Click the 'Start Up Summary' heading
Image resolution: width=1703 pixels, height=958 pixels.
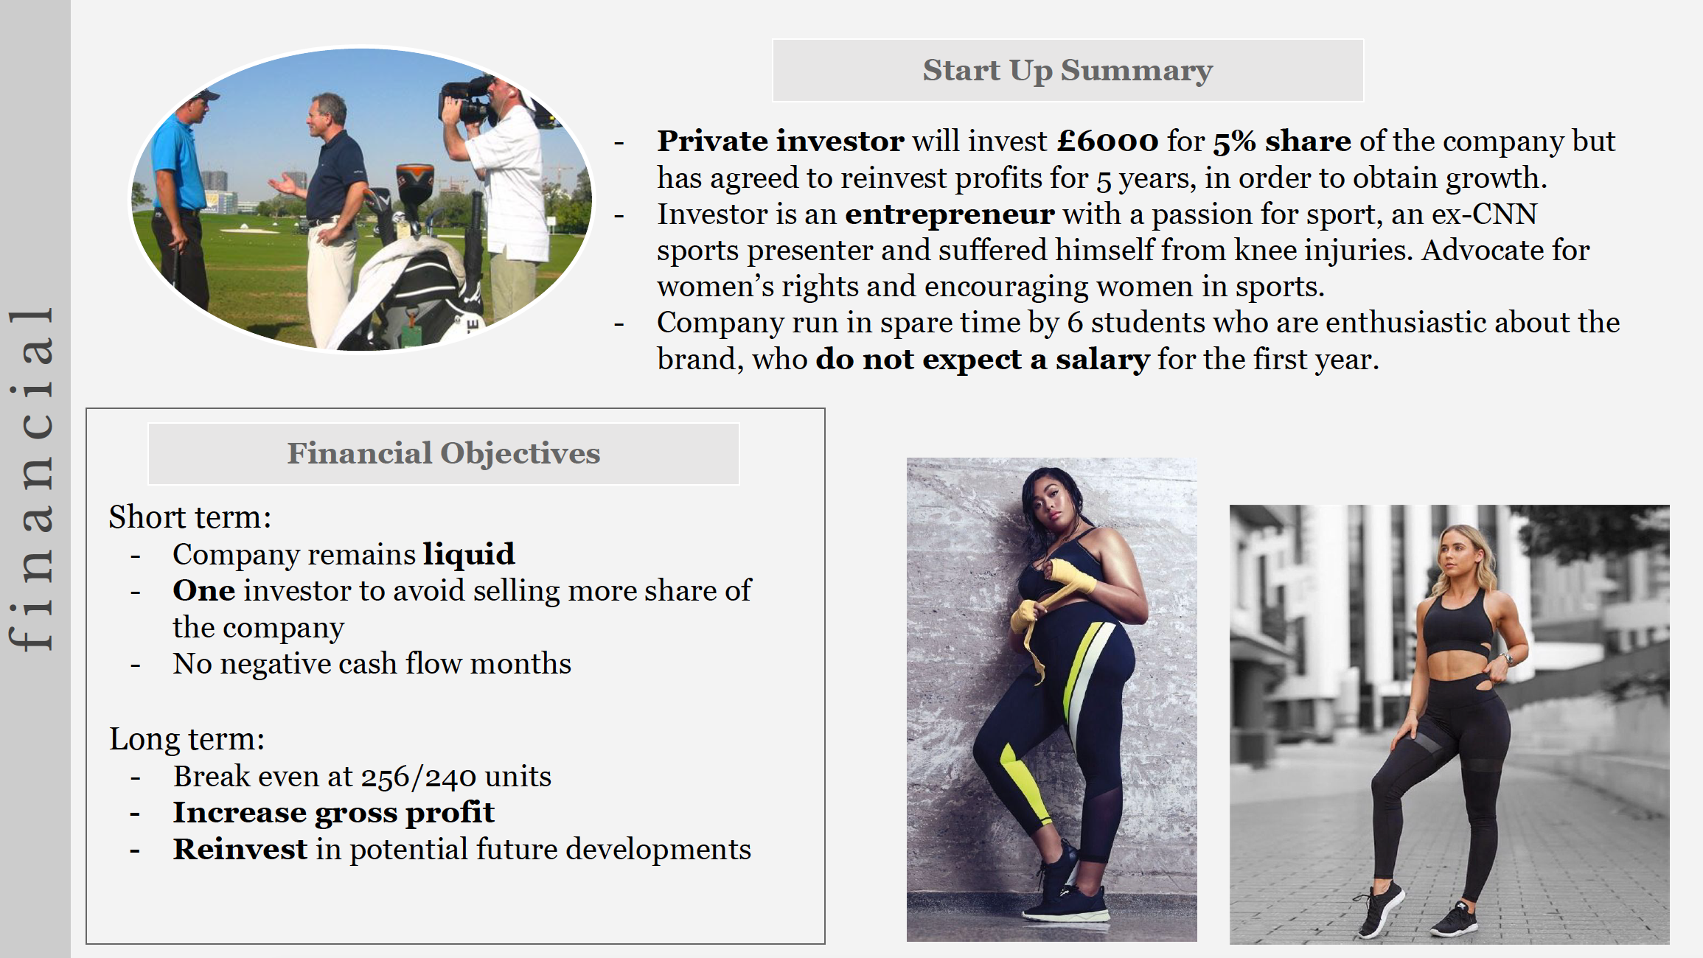(x=1068, y=71)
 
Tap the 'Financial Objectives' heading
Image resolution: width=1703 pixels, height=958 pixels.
(x=444, y=453)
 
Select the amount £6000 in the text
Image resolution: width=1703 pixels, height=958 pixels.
(x=1107, y=141)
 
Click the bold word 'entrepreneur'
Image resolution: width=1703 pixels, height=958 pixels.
(x=950, y=214)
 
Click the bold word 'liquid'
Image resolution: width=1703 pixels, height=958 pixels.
(x=469, y=554)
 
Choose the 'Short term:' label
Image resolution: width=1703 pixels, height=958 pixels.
(x=190, y=517)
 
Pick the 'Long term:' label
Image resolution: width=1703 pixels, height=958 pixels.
(x=187, y=739)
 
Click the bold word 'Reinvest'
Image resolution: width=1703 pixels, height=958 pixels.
(x=240, y=849)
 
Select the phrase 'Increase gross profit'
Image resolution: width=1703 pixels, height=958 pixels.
(x=333, y=813)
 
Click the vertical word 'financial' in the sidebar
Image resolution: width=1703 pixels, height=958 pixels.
(x=31, y=479)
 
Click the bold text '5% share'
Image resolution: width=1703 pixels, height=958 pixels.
(x=1282, y=141)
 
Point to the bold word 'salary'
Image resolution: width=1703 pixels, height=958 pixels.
(x=1102, y=360)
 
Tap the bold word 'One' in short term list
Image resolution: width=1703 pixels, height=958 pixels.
(x=204, y=591)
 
